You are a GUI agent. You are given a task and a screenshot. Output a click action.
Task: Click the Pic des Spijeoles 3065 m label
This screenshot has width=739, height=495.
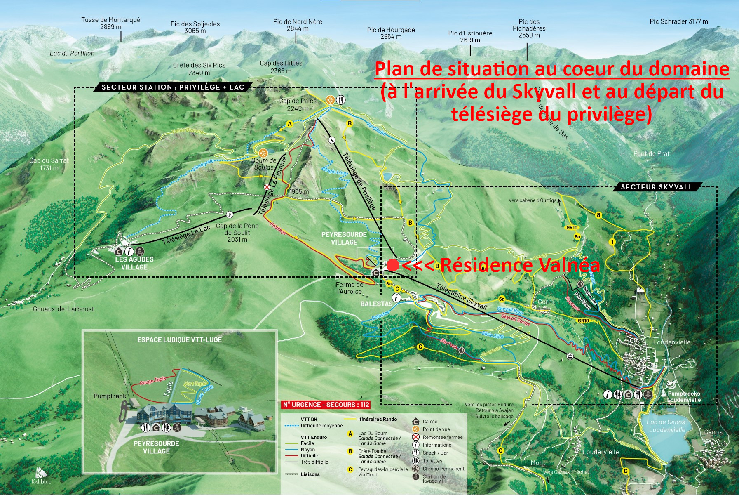[x=195, y=27]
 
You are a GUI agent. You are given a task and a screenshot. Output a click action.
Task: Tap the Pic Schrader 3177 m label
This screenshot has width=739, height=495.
[x=678, y=21]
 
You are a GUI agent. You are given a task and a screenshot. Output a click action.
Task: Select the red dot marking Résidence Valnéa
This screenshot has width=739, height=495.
[x=392, y=265]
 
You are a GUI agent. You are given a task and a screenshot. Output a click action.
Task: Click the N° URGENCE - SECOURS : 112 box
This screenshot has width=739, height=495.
[x=326, y=405]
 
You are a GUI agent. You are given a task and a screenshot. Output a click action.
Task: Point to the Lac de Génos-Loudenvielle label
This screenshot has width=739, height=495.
[x=666, y=426]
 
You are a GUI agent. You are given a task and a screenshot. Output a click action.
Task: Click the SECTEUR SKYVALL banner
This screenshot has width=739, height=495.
[x=657, y=187]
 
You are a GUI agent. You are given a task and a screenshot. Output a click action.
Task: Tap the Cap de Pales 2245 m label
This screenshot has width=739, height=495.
[x=298, y=104]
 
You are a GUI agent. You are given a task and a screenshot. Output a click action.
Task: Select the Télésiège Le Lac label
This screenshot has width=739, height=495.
[x=186, y=235]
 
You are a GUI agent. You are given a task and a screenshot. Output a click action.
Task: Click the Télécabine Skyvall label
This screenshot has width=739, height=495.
[x=461, y=297]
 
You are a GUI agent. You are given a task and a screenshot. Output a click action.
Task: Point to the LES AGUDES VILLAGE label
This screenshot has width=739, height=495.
[x=134, y=263]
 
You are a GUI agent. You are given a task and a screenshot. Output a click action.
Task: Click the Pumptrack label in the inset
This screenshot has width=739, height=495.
[x=110, y=396]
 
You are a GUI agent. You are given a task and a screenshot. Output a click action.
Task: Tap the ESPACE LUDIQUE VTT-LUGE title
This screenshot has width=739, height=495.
[x=179, y=340]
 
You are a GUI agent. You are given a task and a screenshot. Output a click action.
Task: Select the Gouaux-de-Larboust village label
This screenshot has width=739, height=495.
[x=63, y=309]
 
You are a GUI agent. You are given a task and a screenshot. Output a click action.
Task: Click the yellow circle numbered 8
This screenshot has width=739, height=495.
[x=598, y=215]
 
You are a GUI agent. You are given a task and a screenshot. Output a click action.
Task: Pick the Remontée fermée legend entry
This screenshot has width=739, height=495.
[x=442, y=437]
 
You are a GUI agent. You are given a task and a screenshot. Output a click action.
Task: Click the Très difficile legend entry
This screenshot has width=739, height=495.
[x=314, y=462]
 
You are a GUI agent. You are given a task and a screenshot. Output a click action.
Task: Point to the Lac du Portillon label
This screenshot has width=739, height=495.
[x=72, y=53]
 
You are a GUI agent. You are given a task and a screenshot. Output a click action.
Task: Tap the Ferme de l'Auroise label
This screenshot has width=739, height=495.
[x=349, y=288]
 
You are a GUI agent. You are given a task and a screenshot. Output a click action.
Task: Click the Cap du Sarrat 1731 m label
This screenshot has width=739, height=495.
[x=49, y=164]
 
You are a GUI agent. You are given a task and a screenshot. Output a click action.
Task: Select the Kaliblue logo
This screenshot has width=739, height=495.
[x=41, y=476]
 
